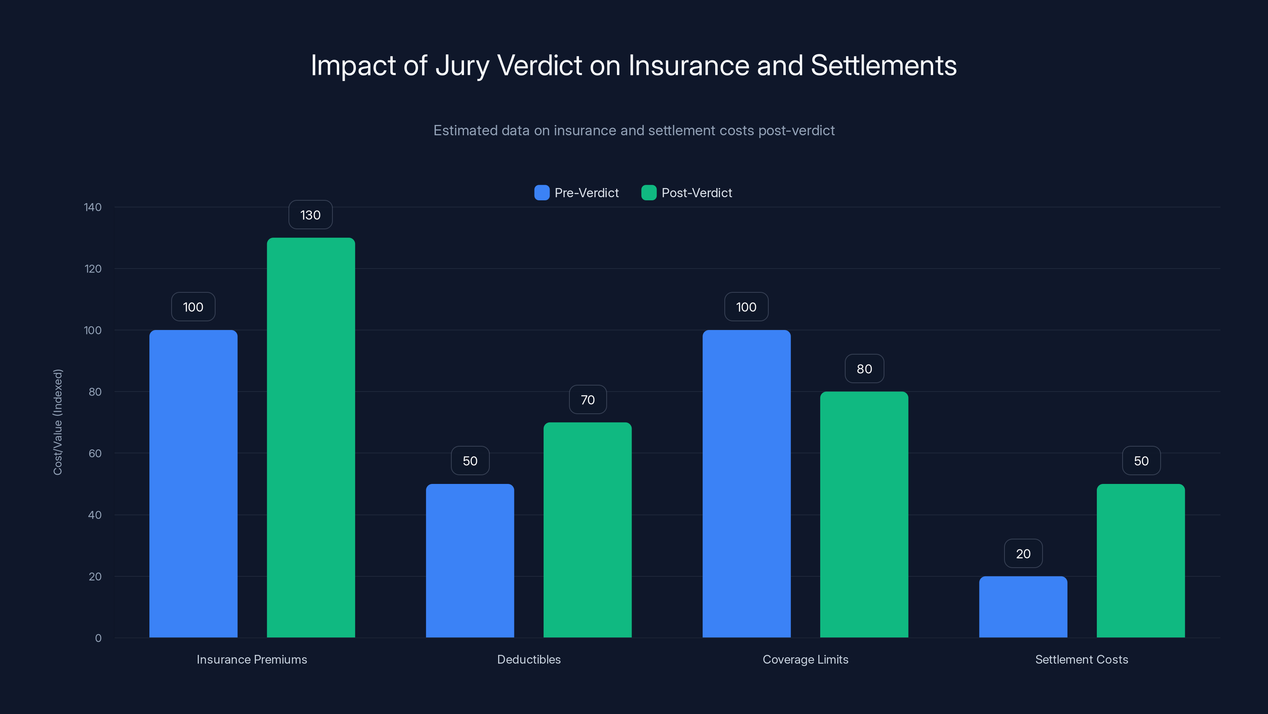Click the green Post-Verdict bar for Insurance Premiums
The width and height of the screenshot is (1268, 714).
[311, 438]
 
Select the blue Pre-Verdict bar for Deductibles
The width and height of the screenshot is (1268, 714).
[470, 561]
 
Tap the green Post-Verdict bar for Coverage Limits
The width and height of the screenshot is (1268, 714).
[864, 514]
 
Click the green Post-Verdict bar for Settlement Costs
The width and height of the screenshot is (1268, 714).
[1140, 561]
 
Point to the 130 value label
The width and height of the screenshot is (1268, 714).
[310, 215]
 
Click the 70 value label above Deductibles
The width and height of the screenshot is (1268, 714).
[588, 399]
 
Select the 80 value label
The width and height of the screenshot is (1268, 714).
[864, 369]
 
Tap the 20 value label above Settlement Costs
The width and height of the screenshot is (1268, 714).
[1023, 553]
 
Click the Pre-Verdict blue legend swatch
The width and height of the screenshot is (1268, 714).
[541, 193]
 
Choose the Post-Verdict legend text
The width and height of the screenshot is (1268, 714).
[697, 193]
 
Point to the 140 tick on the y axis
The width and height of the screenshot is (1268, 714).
[93, 207]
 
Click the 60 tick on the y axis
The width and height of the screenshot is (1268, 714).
[95, 453]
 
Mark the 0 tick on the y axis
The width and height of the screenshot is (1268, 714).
[98, 638]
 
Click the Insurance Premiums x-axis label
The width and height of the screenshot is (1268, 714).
[252, 659]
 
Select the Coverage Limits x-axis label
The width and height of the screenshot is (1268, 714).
[805, 659]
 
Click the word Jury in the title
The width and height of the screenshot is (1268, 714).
[462, 65]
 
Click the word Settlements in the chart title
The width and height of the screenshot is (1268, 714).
[883, 65]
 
